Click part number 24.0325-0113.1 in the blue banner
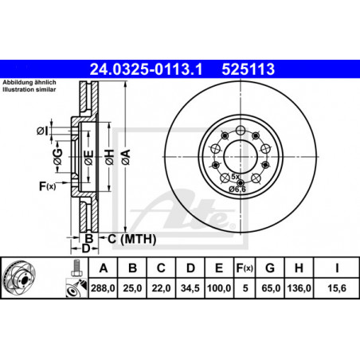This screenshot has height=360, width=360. click(146, 69)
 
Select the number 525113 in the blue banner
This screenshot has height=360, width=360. click(248, 69)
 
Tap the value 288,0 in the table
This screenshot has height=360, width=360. click(103, 288)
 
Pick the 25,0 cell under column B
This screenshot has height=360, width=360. click(132, 288)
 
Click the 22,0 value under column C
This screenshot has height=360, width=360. click(161, 288)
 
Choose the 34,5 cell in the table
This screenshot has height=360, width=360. click(190, 288)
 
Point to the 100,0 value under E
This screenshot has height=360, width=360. click(219, 288)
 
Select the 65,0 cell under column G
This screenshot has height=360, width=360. click(271, 288)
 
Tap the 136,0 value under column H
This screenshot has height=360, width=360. click(299, 288)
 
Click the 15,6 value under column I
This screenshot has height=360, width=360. click(337, 288)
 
